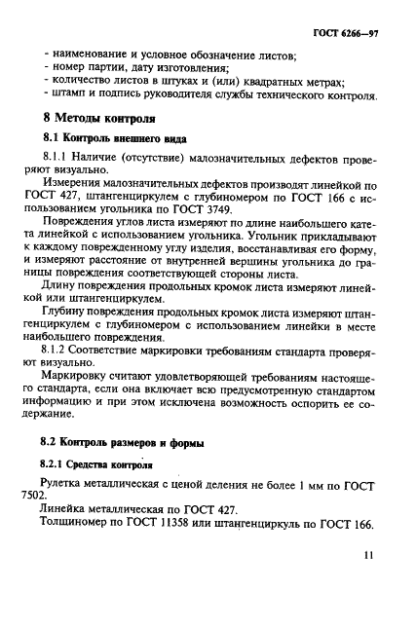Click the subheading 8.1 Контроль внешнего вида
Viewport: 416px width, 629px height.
pos(115,140)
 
